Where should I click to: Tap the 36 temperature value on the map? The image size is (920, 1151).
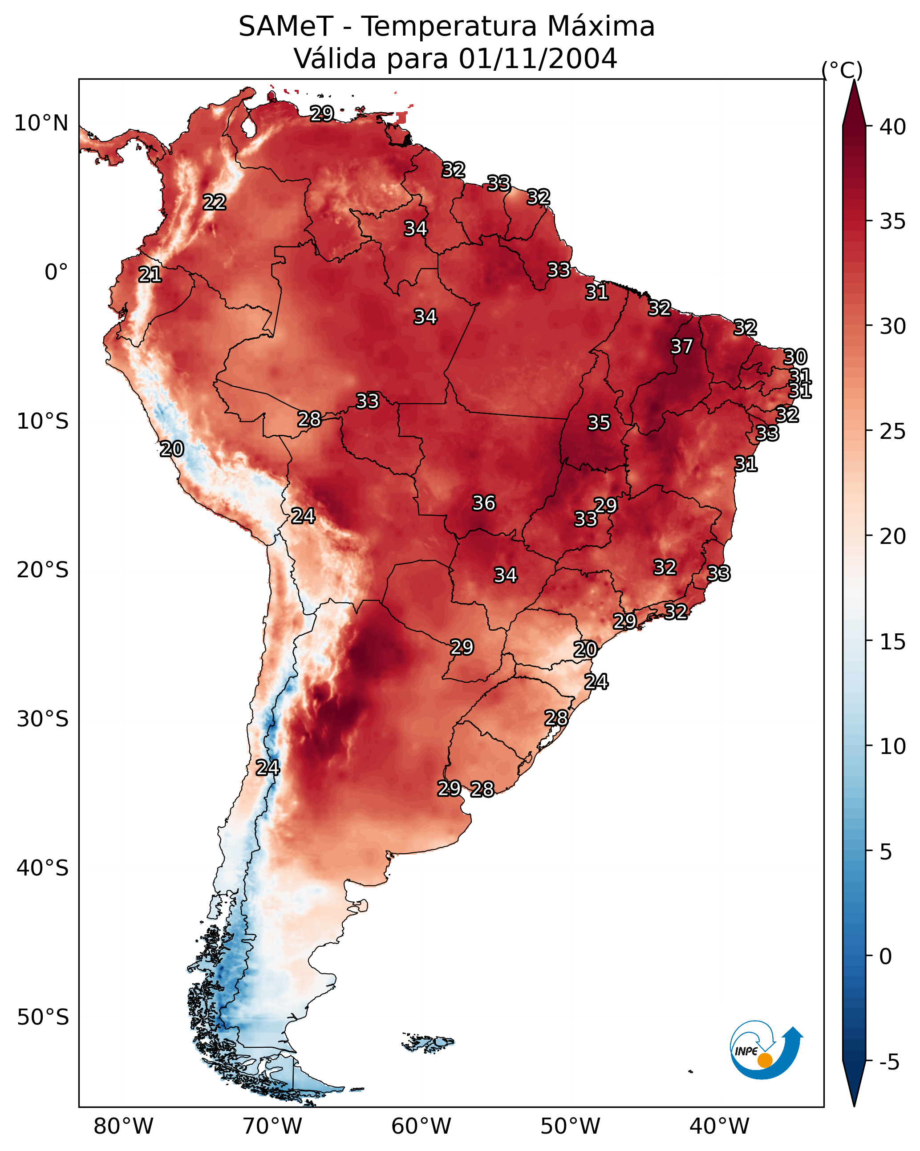pyautogui.click(x=484, y=503)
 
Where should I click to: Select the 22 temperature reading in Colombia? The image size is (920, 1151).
pyautogui.click(x=215, y=203)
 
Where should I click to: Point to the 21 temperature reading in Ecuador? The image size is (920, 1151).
pyautogui.click(x=150, y=275)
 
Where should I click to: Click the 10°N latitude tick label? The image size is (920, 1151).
pyautogui.click(x=41, y=123)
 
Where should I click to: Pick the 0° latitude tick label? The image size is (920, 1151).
pyautogui.click(x=57, y=272)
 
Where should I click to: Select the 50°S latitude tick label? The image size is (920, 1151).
pyautogui.click(x=43, y=1017)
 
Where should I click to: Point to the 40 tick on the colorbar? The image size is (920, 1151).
pyautogui.click(x=893, y=127)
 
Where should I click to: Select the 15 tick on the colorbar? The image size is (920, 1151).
pyautogui.click(x=893, y=642)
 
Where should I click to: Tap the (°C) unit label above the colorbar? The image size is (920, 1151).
pyautogui.click(x=842, y=70)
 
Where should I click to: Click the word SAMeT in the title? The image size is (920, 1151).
pyautogui.click(x=286, y=27)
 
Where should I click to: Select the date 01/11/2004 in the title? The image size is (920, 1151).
pyautogui.click(x=538, y=59)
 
